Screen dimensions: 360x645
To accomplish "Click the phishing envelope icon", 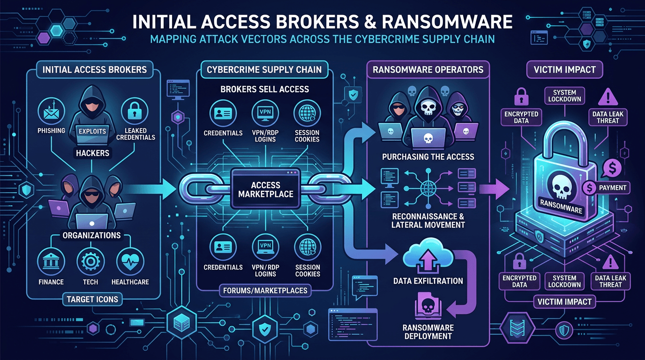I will tap(51, 111).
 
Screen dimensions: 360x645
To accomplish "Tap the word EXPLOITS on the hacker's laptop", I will tap(92, 131).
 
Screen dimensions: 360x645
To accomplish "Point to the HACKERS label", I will tap(92, 153).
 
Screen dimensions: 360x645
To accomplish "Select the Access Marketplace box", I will tap(265, 189).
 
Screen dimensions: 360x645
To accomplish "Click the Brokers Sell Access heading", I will tap(264, 90).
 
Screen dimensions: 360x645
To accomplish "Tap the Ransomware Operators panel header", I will tap(427, 69).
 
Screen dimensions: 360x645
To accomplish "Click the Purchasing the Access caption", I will tap(428, 157).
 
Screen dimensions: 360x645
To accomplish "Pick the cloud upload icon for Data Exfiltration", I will tap(427, 258).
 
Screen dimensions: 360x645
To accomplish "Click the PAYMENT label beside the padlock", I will tap(612, 187).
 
